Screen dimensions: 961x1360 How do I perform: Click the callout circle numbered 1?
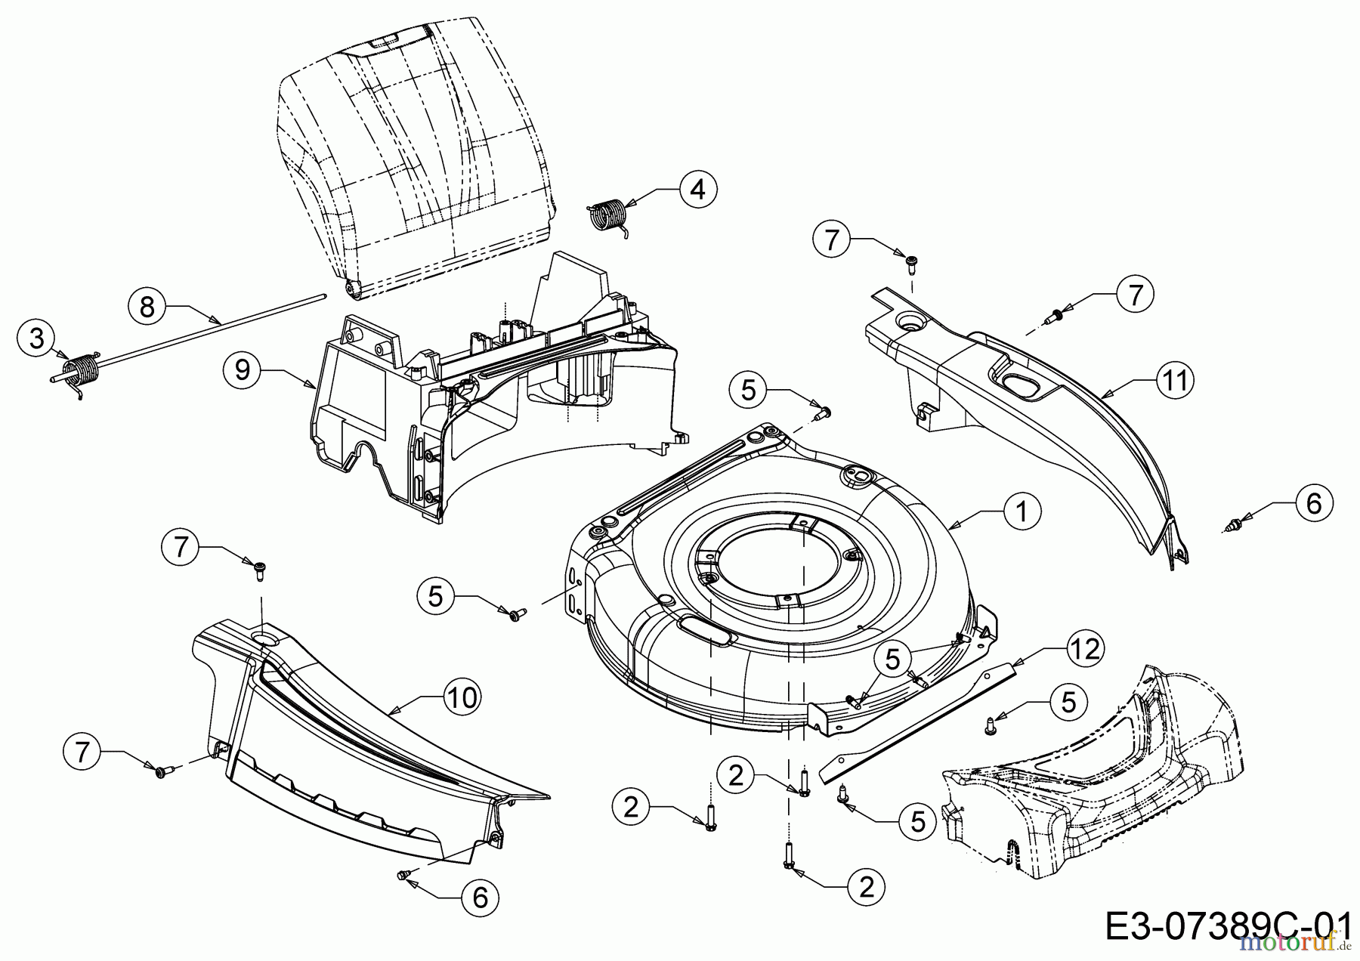1022,512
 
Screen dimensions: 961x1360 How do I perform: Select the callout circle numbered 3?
37,338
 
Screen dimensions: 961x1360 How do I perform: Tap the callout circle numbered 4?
697,189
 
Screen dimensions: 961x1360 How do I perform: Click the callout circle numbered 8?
147,306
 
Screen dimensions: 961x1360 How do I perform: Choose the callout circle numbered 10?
462,697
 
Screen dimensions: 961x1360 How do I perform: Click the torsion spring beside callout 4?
607,215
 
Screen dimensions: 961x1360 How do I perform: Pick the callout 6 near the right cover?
1314,502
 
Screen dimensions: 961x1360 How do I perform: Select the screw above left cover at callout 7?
260,570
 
